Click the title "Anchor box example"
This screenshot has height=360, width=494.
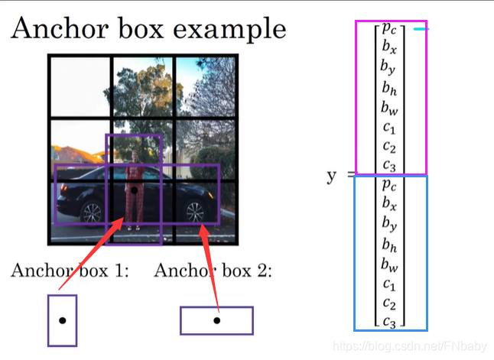148,28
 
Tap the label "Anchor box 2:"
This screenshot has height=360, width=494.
213,271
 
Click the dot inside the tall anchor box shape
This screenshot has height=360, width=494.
62,321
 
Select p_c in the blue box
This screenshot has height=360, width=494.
389,185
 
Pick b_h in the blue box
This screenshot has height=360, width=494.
389,245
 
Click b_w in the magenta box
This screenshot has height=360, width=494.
389,106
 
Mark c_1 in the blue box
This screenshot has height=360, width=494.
389,283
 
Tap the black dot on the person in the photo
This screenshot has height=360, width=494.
134,189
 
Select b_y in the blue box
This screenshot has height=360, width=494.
389,223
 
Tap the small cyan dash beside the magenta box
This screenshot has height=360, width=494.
421,29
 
